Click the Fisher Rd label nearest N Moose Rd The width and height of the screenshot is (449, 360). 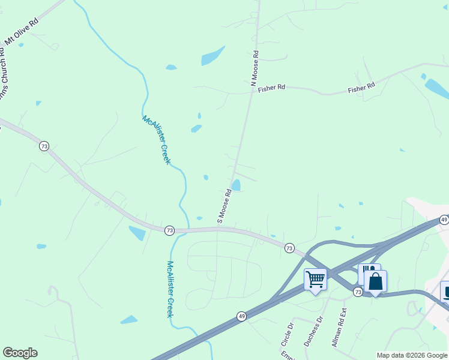point(271,88)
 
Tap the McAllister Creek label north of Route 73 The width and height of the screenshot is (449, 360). point(157,140)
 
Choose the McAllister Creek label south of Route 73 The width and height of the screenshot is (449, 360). point(170,290)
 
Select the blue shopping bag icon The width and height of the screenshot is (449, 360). point(375,281)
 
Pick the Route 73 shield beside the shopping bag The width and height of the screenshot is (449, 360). point(358,292)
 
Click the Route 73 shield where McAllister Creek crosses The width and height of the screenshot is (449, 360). point(169,230)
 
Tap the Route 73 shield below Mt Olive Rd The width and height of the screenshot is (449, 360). point(44,146)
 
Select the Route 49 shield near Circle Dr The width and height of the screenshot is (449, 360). point(241,316)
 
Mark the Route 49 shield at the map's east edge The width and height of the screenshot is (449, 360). point(444,220)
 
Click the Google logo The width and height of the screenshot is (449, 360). point(20,353)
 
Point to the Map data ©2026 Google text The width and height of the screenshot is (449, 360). point(412,355)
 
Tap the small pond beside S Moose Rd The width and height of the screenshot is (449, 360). point(236,185)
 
